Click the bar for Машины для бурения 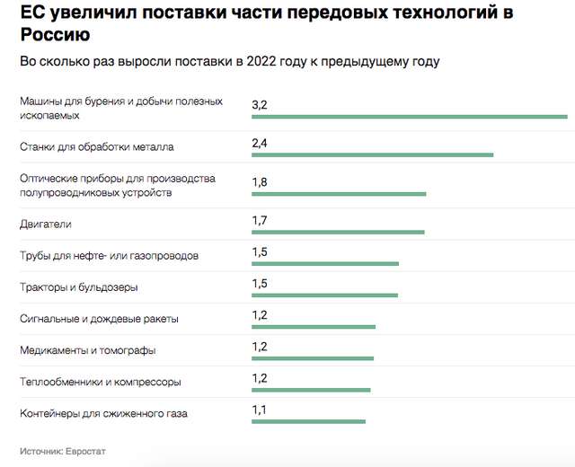(x=410, y=116)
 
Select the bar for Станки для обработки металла (x=373, y=154)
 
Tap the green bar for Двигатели (x=338, y=232)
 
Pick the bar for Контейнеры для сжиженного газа (x=308, y=421)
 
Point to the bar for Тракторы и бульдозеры (x=324, y=295)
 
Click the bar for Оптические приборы (x=339, y=193)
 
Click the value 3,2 (x=260, y=105)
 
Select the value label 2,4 (x=260, y=144)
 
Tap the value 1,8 (x=260, y=182)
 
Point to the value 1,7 (x=260, y=221)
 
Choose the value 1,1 (x=260, y=410)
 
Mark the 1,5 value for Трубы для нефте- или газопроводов (x=260, y=252)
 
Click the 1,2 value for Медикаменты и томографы (x=260, y=347)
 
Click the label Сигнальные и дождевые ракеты (x=99, y=319)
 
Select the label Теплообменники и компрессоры (x=100, y=382)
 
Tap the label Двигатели (x=45, y=224)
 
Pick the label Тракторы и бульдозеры (x=79, y=287)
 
